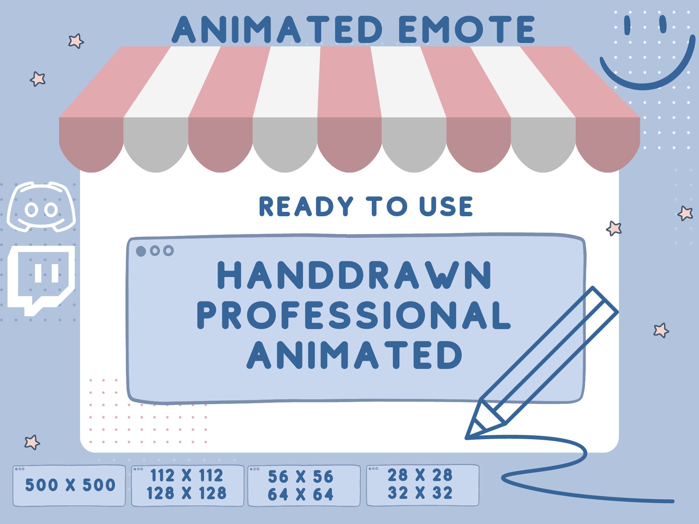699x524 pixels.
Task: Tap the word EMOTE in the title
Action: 467,29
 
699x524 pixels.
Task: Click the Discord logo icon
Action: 41,207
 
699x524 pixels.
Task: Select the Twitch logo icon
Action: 41,279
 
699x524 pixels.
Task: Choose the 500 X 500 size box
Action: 70,485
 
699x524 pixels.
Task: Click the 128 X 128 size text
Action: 186,494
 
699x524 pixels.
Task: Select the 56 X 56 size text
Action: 301,477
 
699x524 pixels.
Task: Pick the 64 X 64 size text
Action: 301,494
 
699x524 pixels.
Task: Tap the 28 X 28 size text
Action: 420,475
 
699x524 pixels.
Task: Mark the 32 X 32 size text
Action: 420,493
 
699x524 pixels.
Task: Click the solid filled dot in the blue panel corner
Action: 141,251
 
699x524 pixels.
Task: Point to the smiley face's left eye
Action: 627,25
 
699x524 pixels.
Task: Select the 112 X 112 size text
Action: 186,475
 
